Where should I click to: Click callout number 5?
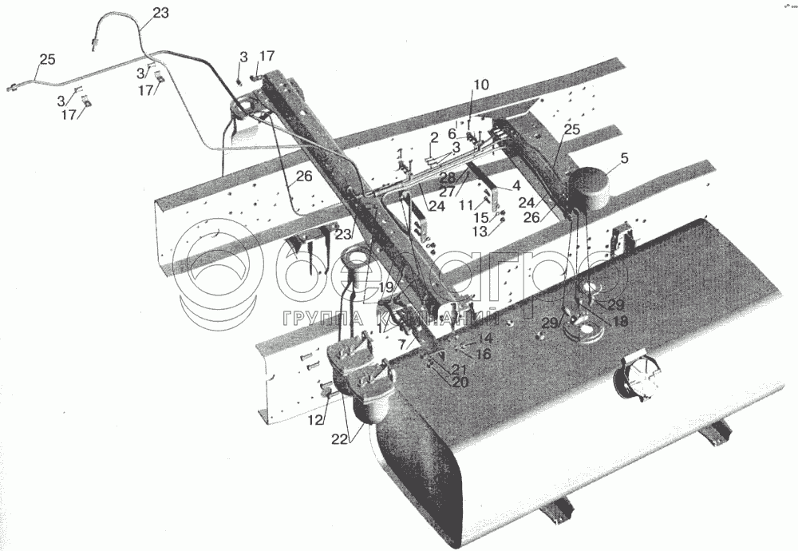click(624, 157)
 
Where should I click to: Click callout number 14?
click(485, 339)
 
